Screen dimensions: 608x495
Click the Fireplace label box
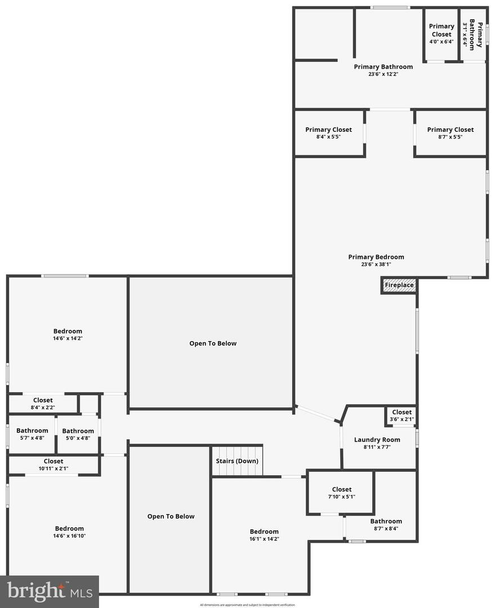[399, 285]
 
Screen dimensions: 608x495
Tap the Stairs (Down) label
[237, 461]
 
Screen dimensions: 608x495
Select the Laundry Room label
[377, 440]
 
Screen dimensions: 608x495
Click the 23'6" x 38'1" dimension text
[376, 265]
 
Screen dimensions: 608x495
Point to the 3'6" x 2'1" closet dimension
[402, 419]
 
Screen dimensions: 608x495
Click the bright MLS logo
[49, 591]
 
